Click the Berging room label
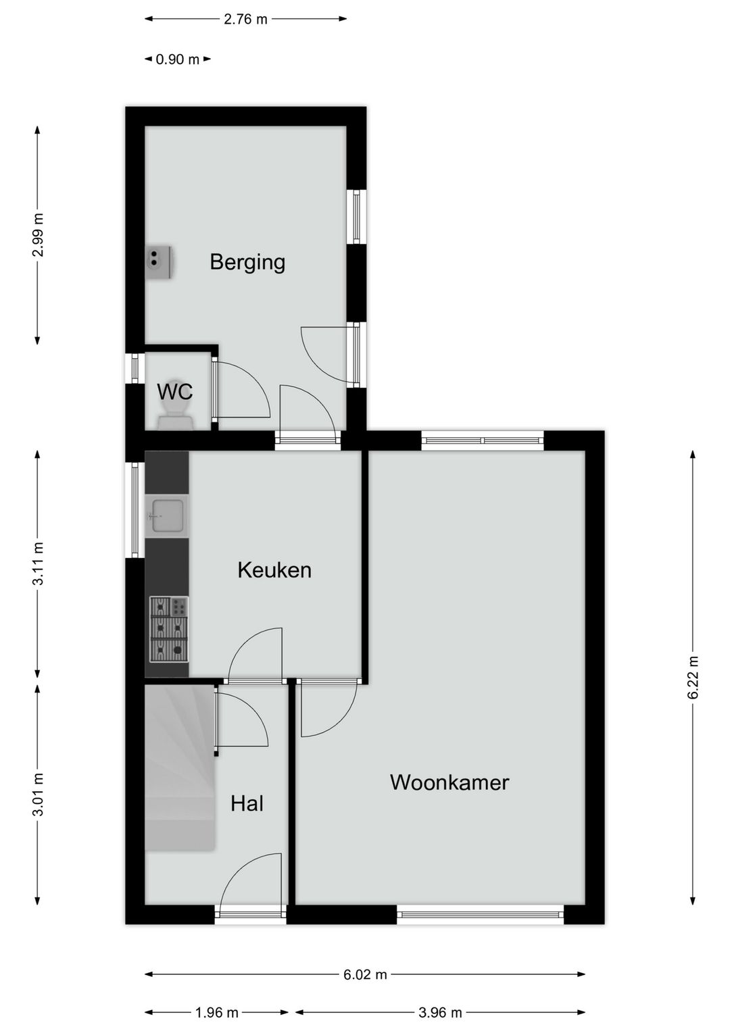click(247, 261)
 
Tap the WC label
click(174, 392)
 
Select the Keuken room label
click(274, 570)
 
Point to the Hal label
click(247, 804)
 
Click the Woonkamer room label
click(449, 782)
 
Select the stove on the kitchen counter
click(169, 629)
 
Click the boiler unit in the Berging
click(160, 261)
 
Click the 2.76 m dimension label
click(246, 20)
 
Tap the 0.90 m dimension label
click(178, 59)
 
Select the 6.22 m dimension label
click(693, 678)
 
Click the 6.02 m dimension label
click(365, 974)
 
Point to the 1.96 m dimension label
click(216, 1013)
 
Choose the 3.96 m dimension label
click(440, 1013)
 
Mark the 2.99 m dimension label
click(38, 234)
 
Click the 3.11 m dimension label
click(38, 563)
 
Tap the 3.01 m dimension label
click(38, 795)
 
